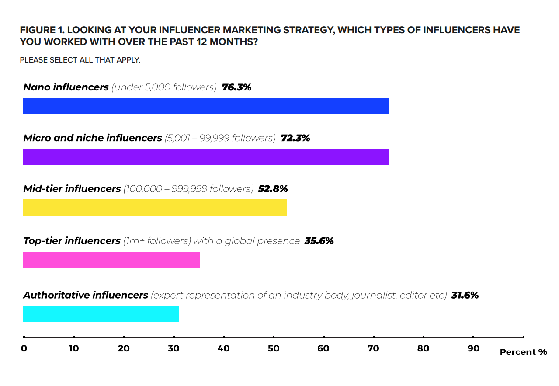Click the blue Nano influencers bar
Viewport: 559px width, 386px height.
(x=206, y=106)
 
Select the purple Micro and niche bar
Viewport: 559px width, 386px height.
(x=206, y=157)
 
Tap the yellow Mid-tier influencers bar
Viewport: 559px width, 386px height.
(x=155, y=208)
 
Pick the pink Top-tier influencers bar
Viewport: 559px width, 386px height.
(x=111, y=260)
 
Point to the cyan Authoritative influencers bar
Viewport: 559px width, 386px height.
(x=101, y=314)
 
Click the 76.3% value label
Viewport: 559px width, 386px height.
(x=236, y=87)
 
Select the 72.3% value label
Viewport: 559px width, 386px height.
(x=295, y=138)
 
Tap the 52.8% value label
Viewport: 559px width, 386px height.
(x=273, y=189)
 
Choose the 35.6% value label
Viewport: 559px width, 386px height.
(x=319, y=241)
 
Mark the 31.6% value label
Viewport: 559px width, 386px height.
(x=465, y=295)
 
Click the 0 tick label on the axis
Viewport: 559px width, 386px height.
(x=24, y=348)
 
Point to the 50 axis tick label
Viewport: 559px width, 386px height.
(x=274, y=348)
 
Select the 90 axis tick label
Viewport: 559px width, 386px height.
(x=473, y=348)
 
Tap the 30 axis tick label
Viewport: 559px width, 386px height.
(x=174, y=348)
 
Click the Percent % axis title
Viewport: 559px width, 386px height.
(x=523, y=352)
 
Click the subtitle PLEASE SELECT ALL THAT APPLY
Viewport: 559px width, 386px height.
(x=80, y=60)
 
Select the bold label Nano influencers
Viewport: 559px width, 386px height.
(x=66, y=87)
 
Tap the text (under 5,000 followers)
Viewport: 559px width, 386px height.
(x=164, y=87)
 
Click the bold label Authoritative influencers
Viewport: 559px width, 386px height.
(x=86, y=295)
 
